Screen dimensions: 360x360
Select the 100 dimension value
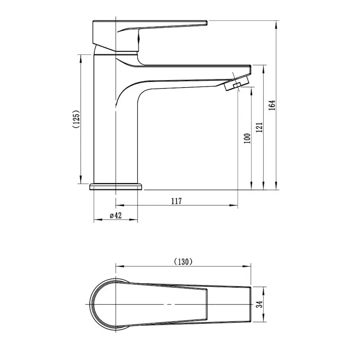(x=247, y=138)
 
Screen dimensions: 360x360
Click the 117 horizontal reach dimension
(x=177, y=201)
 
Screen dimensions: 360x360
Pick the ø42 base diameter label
(x=116, y=216)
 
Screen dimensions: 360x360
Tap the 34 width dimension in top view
(x=259, y=304)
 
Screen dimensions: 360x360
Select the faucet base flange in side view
(x=116, y=186)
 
